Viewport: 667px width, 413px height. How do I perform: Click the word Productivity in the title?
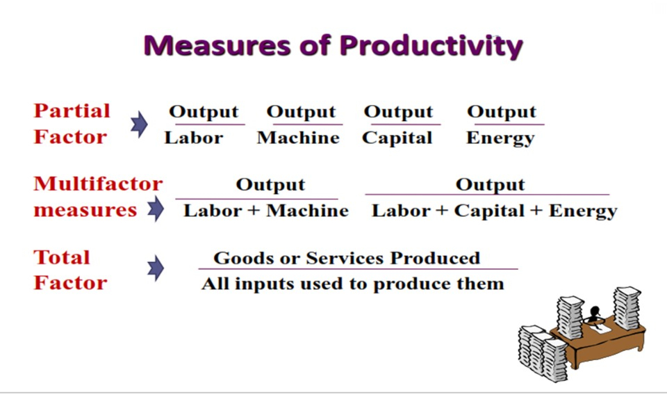pos(431,46)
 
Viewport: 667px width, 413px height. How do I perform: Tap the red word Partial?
pos(72,111)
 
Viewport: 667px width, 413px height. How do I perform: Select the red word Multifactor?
pos(98,184)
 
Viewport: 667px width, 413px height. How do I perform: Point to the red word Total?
pos(62,257)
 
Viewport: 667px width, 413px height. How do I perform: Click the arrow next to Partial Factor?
pos(139,124)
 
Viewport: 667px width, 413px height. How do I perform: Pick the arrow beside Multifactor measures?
pos(156,209)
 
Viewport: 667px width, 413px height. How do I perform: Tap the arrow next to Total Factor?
pos(156,268)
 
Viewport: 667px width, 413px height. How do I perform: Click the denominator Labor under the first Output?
pos(194,138)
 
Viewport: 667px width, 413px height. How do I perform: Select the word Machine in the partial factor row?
pos(298,138)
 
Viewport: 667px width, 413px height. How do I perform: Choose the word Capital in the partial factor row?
pos(397,138)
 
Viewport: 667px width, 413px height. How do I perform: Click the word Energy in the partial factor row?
pos(500,138)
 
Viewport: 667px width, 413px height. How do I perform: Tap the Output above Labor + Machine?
pos(270,185)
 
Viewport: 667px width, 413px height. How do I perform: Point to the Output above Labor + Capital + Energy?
pos(490,185)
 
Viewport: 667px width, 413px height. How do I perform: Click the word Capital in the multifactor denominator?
pos(489,211)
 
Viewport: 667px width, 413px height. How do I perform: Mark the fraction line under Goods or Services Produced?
pos(359,269)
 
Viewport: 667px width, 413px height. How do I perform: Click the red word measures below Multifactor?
pos(85,210)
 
